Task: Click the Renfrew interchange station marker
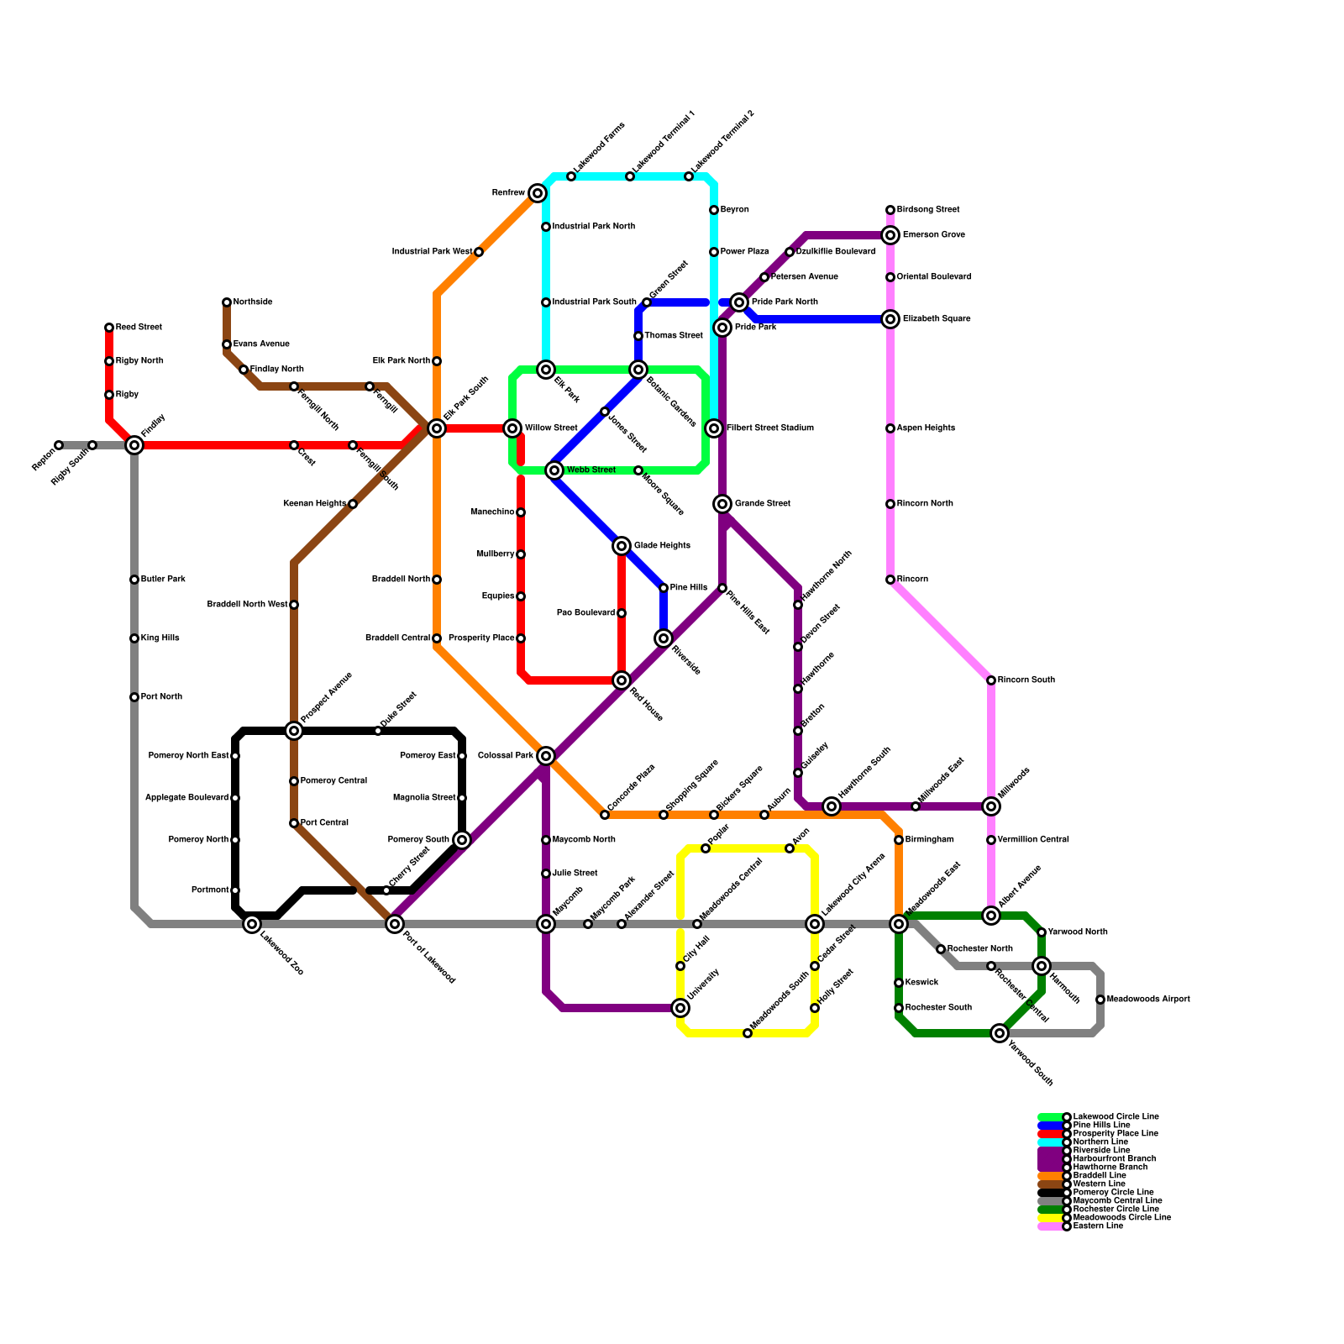tap(538, 193)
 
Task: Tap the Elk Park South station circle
tap(437, 428)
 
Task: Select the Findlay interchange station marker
tap(134, 445)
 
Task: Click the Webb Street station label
tap(591, 470)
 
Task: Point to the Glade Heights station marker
tap(622, 546)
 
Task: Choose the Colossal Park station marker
tap(546, 756)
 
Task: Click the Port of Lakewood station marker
tap(395, 924)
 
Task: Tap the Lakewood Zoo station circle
tap(252, 924)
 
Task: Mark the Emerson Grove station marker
tap(890, 235)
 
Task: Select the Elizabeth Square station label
tap(937, 319)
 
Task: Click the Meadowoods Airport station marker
tap(1100, 1000)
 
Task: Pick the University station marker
tap(680, 1008)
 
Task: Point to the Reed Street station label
tap(139, 328)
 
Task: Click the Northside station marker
tap(227, 302)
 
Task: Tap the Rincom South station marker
tap(991, 680)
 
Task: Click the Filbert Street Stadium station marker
tap(714, 428)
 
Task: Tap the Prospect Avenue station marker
tap(294, 731)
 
